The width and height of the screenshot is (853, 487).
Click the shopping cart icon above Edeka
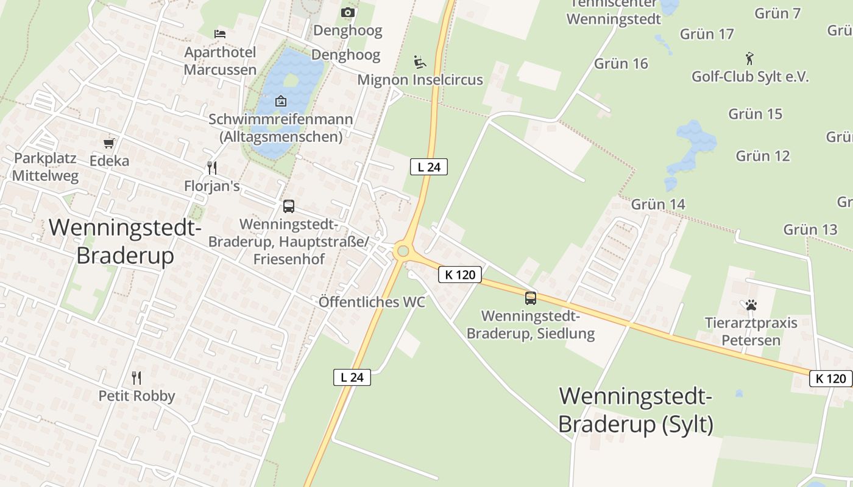(x=109, y=144)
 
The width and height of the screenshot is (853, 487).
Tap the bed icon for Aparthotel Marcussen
(x=220, y=33)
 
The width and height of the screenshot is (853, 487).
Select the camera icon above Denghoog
(x=348, y=12)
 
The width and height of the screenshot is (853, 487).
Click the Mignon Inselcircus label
(x=420, y=80)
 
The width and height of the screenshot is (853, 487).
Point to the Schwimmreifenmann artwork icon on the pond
(x=280, y=101)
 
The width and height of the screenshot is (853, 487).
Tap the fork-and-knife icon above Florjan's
(x=212, y=167)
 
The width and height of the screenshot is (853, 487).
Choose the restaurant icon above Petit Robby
(x=136, y=378)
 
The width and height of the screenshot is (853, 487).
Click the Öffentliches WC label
(x=372, y=302)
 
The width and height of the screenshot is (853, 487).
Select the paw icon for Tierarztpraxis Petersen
(x=751, y=305)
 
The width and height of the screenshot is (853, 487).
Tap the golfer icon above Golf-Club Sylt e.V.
(x=749, y=58)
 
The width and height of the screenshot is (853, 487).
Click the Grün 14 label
(x=658, y=204)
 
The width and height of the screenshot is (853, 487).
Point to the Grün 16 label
(x=621, y=63)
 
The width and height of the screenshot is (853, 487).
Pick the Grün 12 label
(x=762, y=156)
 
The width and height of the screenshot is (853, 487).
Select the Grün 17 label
(x=707, y=33)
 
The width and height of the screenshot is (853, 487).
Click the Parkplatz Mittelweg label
(x=45, y=167)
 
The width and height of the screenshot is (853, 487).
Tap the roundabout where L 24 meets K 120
(x=402, y=251)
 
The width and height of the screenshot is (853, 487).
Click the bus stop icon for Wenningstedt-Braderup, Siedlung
(x=531, y=298)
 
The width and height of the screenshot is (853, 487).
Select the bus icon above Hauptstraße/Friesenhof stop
(x=289, y=206)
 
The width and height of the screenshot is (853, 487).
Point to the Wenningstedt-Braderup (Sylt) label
(x=635, y=410)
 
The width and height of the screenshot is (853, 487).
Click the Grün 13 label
(x=810, y=229)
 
